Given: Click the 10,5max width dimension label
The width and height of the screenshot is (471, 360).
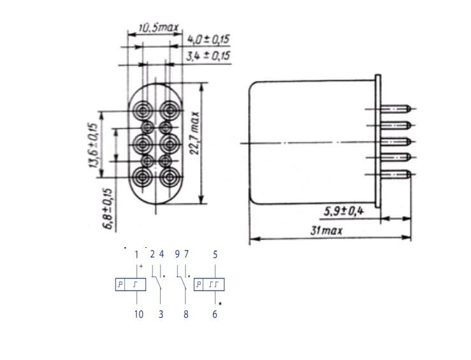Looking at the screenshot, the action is click(158, 28).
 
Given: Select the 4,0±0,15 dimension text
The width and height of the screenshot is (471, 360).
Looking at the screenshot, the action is click(208, 40).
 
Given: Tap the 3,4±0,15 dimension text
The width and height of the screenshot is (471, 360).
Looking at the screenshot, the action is click(208, 56).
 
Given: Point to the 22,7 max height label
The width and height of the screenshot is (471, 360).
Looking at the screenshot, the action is click(194, 133).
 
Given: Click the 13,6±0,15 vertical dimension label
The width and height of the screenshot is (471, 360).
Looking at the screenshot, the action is click(94, 145).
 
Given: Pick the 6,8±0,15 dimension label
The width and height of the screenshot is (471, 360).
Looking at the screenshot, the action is click(108, 209).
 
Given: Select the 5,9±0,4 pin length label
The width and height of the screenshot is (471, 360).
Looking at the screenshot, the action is click(344, 212).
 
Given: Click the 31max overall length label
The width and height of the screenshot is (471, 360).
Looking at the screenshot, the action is click(326, 231).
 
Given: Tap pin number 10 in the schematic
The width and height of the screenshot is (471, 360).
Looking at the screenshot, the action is click(139, 314).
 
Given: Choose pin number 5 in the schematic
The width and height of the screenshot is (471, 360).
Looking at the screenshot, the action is click(215, 255).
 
